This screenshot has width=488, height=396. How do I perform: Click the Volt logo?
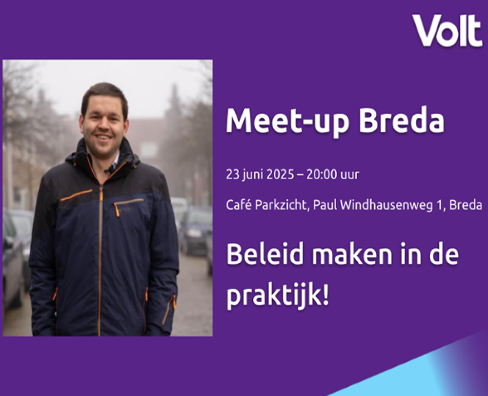[x=447, y=30]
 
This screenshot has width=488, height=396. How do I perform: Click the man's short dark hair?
[x=104, y=95]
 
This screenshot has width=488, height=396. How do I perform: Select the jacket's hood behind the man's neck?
[x=102, y=156]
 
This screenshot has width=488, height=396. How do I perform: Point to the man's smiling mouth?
[x=103, y=137]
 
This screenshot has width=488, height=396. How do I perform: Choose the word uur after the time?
[x=350, y=175]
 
